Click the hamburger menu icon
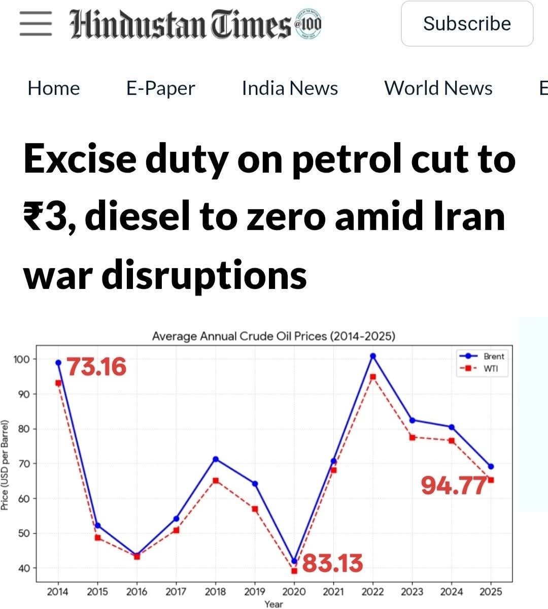point(36,24)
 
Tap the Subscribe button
point(467,24)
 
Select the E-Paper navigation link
point(160,88)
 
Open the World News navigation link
point(438,88)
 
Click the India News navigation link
point(290,88)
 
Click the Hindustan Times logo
point(195,24)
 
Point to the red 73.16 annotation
point(96,367)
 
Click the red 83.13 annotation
point(333,563)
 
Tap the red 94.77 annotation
point(454,486)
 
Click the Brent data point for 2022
point(373,356)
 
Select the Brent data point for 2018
point(215,459)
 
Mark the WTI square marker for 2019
point(255,509)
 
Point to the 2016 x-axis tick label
point(136,591)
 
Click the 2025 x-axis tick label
point(491,591)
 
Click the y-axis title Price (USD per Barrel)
point(6,465)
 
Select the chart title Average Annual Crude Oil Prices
point(273,336)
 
